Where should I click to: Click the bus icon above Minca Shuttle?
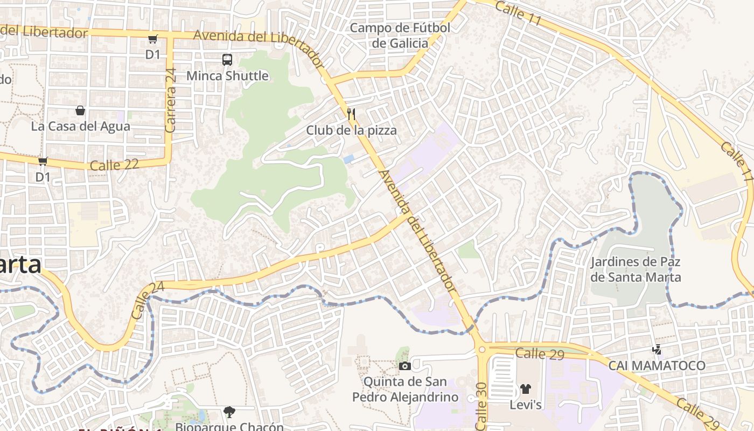click(227, 60)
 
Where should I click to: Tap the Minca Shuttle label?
click(227, 76)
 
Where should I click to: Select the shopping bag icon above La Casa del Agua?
click(80, 110)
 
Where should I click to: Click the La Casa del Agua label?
click(81, 127)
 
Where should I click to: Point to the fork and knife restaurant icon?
click(351, 114)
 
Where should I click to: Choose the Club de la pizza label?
click(351, 130)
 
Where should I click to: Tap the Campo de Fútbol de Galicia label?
click(400, 36)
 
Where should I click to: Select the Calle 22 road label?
click(114, 165)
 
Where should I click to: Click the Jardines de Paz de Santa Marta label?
click(636, 270)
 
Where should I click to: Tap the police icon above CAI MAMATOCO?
click(657, 350)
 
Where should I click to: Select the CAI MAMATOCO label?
click(657, 366)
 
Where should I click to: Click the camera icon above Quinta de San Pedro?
click(405, 366)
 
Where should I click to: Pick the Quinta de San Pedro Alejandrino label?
click(405, 390)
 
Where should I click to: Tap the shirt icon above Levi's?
click(526, 388)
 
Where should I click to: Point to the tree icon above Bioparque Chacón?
click(229, 412)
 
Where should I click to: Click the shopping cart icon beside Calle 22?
click(43, 161)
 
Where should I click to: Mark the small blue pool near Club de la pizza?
click(348, 158)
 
